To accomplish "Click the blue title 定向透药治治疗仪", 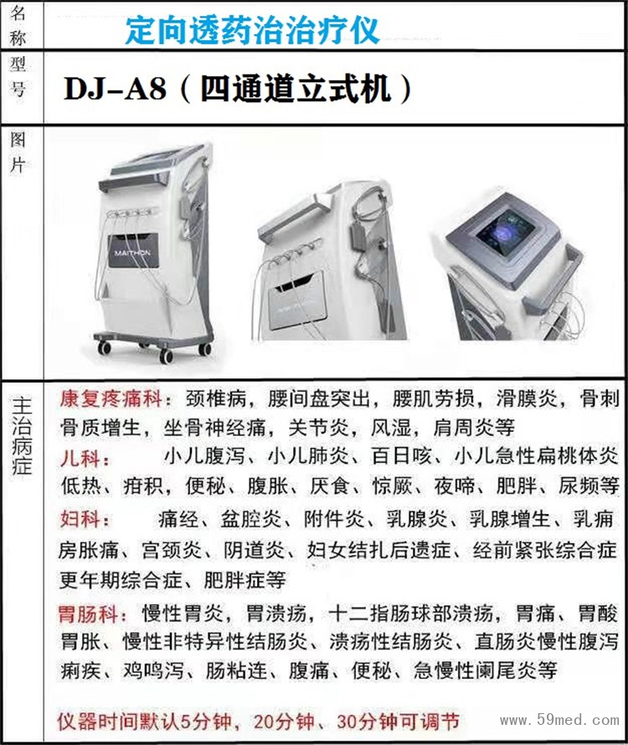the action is [252, 30].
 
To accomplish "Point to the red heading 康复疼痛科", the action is [111, 398].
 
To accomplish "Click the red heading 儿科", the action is [80, 459].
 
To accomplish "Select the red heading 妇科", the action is [80, 519].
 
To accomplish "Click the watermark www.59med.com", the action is [559, 720].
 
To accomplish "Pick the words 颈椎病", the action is [216, 398].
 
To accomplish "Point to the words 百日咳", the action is [401, 456].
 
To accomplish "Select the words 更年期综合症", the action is [121, 579].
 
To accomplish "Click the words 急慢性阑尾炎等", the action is [485, 670].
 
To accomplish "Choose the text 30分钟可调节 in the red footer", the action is [398, 722].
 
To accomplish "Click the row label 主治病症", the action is [22, 435].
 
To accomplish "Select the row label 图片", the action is [18, 152].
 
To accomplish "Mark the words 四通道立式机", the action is [296, 89].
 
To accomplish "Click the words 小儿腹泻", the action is [204, 456].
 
